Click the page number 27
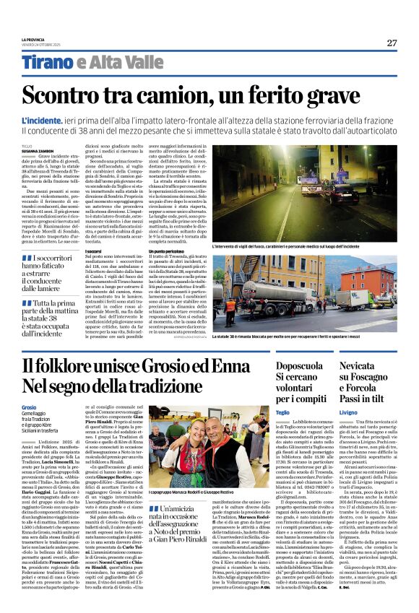coord(392,43)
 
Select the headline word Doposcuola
coord(299,366)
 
